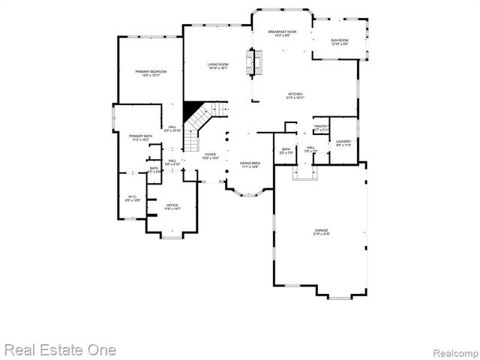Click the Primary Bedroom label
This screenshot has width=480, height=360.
coord(151,71)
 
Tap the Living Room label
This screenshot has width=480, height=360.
coord(218,65)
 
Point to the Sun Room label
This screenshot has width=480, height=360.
coord(340,40)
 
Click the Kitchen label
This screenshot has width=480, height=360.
coord(294,94)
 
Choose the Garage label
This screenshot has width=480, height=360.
coord(322,230)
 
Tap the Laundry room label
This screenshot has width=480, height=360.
coord(343,141)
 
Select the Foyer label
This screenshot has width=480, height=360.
coord(210,154)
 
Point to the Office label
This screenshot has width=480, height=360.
coord(172,205)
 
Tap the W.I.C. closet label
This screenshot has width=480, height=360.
coord(131,196)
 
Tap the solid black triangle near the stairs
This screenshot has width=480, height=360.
coord(192,108)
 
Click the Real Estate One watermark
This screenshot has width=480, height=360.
coord(60,349)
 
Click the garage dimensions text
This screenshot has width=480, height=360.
coord(322,235)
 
